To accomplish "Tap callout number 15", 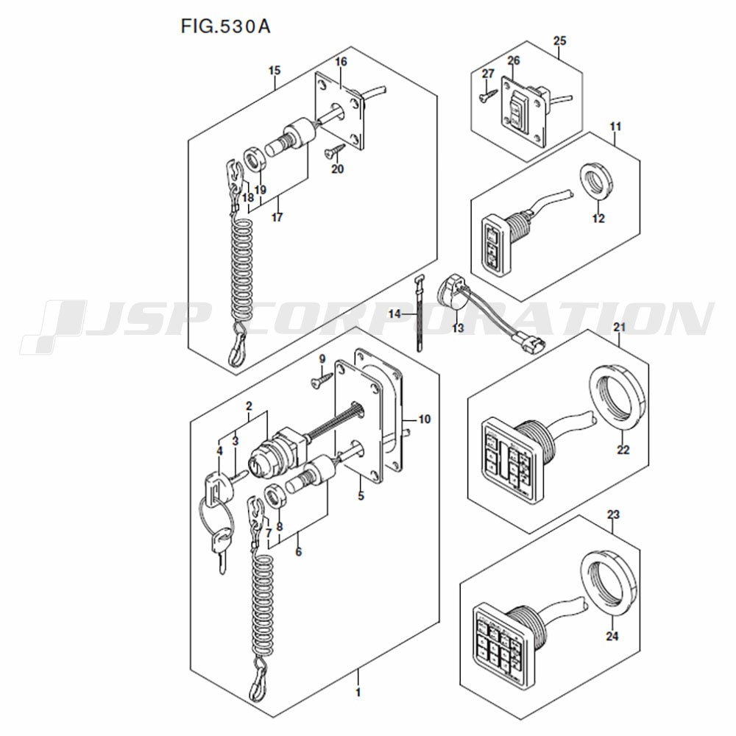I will (x=275, y=71).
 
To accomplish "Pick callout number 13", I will (x=459, y=328).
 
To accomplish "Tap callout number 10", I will (x=424, y=420).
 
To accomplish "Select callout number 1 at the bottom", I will (x=358, y=693).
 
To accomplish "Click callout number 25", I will (x=559, y=40).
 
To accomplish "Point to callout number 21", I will (x=619, y=326).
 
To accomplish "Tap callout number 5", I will (x=361, y=496).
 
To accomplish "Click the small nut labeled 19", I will (x=254, y=160).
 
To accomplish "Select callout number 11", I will (x=615, y=127).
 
